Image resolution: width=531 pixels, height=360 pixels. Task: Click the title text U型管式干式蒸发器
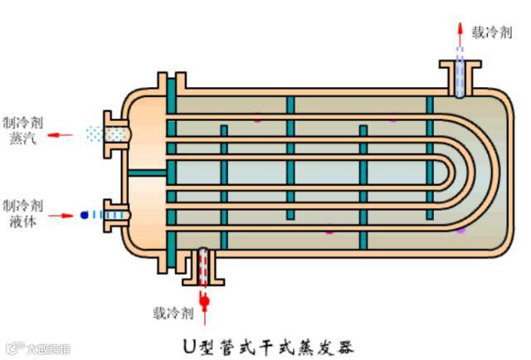click(x=270, y=342)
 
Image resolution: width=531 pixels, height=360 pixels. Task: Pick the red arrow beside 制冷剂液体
click(x=63, y=216)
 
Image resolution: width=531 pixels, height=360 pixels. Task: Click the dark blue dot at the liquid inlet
click(x=84, y=215)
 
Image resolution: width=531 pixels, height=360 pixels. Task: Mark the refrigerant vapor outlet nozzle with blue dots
click(x=109, y=133)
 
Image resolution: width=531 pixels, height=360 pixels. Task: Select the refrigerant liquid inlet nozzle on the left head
click(x=112, y=215)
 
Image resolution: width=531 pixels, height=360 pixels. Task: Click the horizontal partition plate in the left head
click(x=147, y=173)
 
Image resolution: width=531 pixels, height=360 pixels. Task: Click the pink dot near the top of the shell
click(x=257, y=120)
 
